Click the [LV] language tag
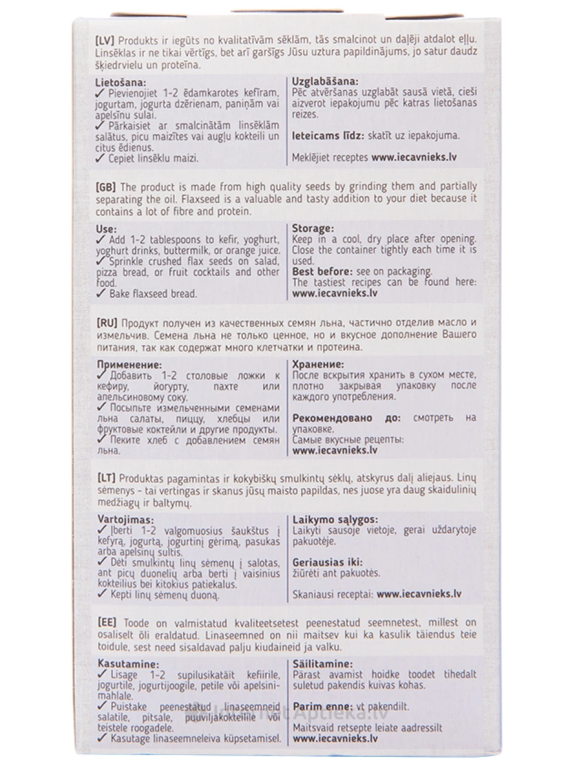point(107,40)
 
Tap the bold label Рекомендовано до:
point(346,418)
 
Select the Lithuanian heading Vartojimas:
point(125,520)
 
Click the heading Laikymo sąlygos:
point(335,520)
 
